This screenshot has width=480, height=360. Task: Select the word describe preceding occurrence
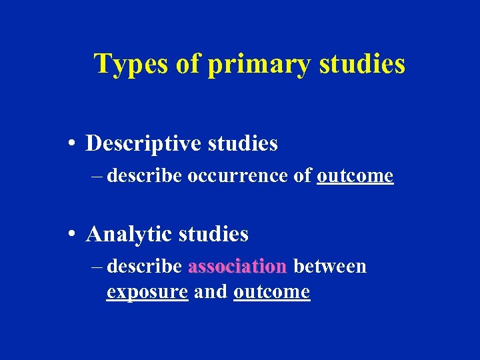point(145,176)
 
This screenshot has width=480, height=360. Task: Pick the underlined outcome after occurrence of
point(355,176)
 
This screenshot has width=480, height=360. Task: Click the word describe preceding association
point(145,267)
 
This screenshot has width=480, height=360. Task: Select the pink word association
point(237,267)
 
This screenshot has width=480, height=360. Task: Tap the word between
point(330,267)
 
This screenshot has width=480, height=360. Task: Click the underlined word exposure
point(147,292)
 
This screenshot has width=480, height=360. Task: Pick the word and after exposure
point(211,291)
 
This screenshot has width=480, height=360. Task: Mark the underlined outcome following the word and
point(272,292)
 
